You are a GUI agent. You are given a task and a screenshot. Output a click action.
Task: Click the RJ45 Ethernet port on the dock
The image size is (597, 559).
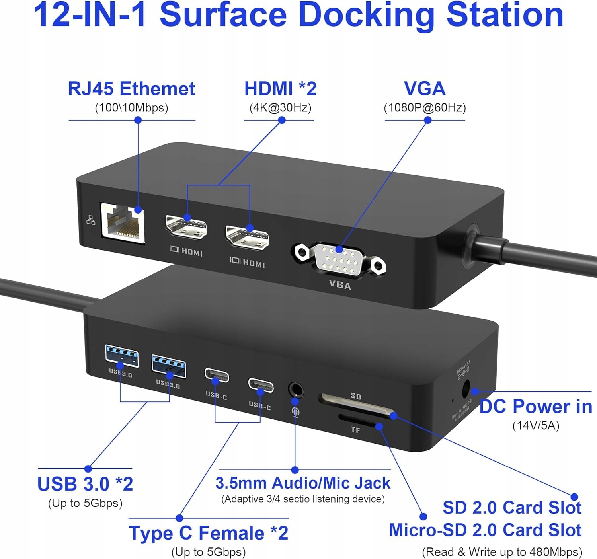[123, 223]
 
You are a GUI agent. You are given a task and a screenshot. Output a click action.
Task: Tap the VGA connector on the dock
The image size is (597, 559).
[338, 258]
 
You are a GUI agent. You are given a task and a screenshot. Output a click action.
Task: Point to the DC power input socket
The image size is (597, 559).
[466, 389]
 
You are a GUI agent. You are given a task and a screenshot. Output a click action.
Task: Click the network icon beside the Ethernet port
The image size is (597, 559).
[91, 220]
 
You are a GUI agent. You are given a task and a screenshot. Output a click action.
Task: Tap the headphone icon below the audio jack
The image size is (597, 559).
[295, 411]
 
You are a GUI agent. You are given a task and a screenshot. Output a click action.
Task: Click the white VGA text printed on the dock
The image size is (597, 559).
[340, 285]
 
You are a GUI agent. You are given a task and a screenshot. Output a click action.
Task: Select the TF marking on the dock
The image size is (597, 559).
[355, 430]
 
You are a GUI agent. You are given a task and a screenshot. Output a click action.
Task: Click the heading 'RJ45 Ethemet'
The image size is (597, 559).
[131, 89]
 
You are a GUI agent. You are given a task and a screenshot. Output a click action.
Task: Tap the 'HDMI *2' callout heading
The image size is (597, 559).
[280, 88]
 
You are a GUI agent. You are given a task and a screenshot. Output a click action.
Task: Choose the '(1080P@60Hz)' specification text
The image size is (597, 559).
[425, 108]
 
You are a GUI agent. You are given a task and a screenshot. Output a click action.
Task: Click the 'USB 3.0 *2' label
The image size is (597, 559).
[85, 484]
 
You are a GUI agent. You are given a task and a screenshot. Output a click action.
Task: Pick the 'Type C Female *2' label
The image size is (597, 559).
[209, 533]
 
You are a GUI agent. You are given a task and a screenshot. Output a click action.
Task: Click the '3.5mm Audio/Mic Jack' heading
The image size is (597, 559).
[303, 483]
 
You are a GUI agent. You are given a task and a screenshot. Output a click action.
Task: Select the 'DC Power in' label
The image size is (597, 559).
[536, 407]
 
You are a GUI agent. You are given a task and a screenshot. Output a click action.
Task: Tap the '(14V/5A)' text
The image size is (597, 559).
[536, 426]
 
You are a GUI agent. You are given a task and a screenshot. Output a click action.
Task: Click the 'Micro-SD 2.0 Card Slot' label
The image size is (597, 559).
[485, 530]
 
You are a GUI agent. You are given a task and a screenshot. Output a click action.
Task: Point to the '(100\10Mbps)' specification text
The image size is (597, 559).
[131, 108]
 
